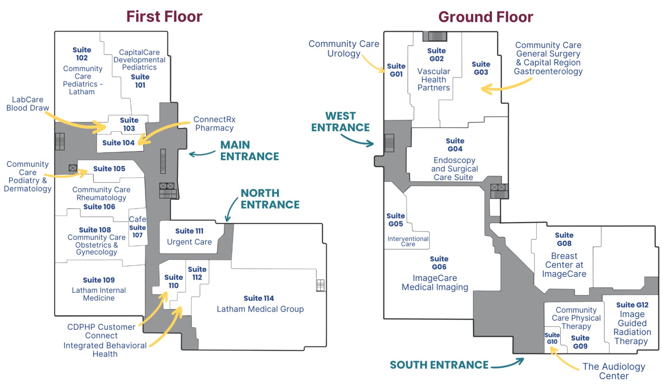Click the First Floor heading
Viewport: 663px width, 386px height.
pos(164,17)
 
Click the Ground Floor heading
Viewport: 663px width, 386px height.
pos(485,17)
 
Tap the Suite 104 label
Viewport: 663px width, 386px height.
pos(118,143)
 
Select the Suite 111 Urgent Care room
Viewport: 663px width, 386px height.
pos(189,237)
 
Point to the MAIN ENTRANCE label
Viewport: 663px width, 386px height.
pos(249,151)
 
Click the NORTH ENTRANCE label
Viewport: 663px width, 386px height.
pos(270,199)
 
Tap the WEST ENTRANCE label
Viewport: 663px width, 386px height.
pos(340,122)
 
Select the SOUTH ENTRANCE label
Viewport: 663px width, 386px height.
pos(439,365)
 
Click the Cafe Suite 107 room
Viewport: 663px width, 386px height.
pos(138,228)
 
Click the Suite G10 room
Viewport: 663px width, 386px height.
pos(552,338)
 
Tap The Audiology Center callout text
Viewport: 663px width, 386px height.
pos(614,371)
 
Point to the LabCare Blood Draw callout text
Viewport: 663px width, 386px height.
pos(27,104)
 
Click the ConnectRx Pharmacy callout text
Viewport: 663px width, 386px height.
pos(214,124)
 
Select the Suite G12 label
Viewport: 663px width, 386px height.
pos(632,305)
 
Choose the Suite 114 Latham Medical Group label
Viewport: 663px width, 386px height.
pos(260,304)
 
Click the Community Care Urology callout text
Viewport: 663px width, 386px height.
pos(344,48)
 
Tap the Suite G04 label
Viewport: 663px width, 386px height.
pos(455,145)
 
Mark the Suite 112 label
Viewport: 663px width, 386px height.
pos(197,273)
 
